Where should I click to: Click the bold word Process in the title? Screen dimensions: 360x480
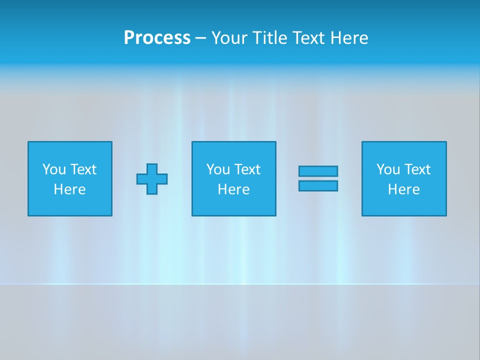click(x=157, y=38)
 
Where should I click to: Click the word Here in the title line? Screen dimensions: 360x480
click(x=349, y=38)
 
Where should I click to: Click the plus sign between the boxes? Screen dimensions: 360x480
click(x=152, y=179)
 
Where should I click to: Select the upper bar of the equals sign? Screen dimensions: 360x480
click(x=318, y=171)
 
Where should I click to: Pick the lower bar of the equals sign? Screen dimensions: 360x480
click(x=318, y=185)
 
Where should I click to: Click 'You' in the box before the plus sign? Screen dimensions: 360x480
click(x=54, y=169)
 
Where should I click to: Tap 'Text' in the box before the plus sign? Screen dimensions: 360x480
click(x=82, y=169)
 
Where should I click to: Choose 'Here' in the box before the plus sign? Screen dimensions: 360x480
click(x=69, y=189)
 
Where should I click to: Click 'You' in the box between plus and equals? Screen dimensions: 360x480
click(x=218, y=169)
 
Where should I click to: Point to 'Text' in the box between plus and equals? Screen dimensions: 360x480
click(x=246, y=169)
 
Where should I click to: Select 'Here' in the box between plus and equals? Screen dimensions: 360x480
click(x=233, y=189)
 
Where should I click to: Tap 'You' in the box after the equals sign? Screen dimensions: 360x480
click(x=388, y=169)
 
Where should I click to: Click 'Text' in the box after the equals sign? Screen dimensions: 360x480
click(x=416, y=169)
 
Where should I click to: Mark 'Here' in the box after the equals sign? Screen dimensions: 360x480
click(x=403, y=189)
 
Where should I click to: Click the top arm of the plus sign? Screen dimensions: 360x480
click(x=152, y=168)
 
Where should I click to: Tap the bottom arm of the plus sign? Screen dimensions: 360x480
click(x=152, y=189)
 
